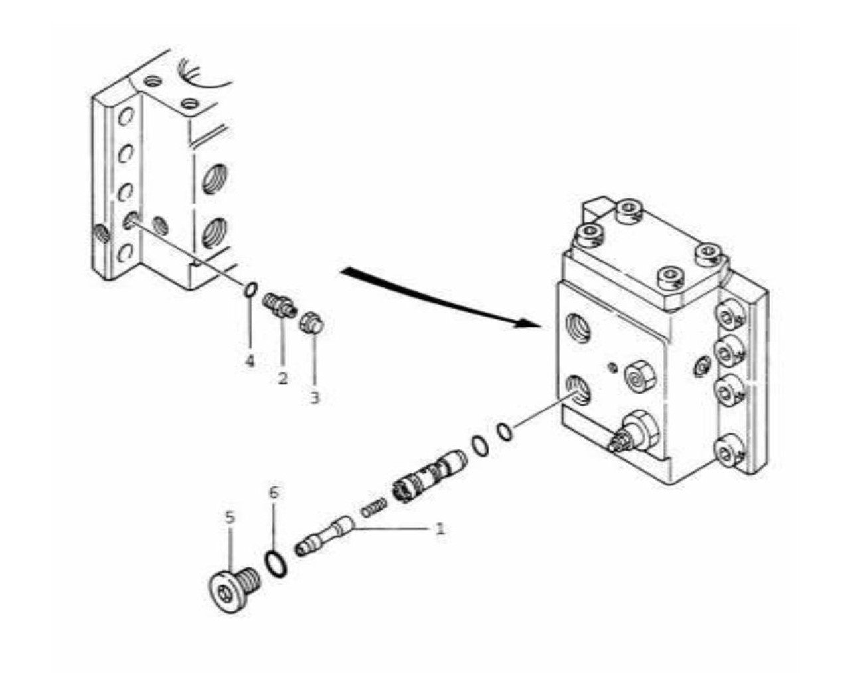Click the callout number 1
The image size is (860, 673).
(440, 529)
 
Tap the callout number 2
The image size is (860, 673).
(282, 378)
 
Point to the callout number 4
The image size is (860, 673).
(250, 360)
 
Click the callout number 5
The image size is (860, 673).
(230, 517)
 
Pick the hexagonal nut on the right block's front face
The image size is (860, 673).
(640, 377)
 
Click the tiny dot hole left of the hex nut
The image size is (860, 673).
(613, 368)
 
